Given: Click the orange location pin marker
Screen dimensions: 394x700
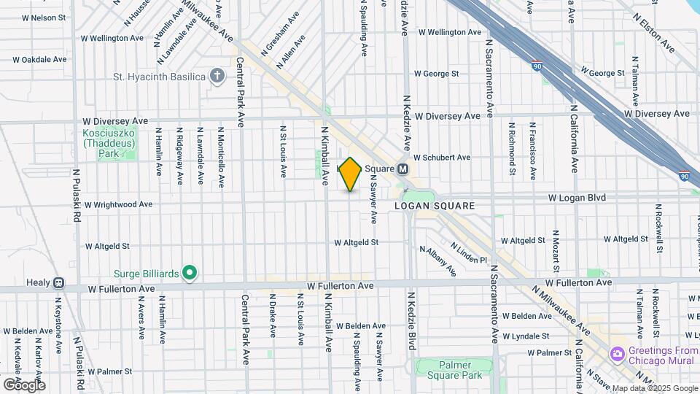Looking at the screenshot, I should tap(350, 174).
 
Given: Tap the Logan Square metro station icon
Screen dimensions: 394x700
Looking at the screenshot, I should tap(402, 169).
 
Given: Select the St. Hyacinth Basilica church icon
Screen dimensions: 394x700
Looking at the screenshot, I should tap(217, 76).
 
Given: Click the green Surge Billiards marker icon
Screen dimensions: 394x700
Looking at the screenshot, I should tap(190, 274).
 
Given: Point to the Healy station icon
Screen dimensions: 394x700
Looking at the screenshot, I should tap(58, 282).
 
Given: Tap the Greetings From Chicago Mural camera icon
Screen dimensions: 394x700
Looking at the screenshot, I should tap(618, 354).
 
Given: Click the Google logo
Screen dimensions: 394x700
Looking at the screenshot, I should tap(23, 385).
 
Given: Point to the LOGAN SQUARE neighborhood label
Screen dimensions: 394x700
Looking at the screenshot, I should tap(435, 206).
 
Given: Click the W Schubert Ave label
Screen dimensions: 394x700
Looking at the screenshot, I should tap(442, 158).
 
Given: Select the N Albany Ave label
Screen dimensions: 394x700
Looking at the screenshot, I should tap(437, 260).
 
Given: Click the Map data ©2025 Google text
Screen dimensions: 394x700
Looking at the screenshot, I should tap(654, 388).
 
